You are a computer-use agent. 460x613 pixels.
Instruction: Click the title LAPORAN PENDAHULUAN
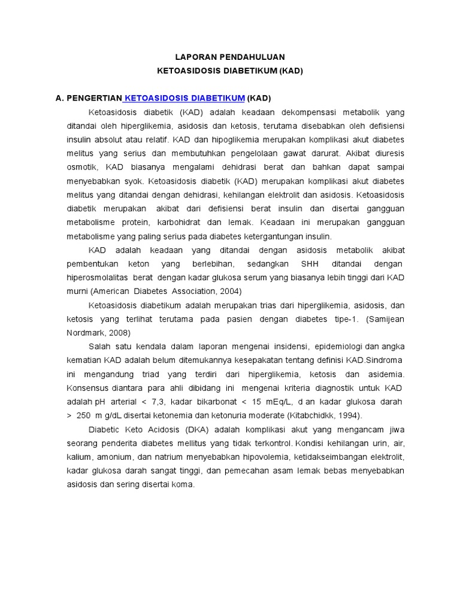click(230, 57)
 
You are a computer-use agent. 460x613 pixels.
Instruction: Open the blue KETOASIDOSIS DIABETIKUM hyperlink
click(184, 98)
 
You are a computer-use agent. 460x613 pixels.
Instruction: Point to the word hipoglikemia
click(220, 139)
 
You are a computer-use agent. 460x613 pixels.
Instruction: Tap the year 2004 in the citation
click(231, 292)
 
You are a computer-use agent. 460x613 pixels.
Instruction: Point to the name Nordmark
click(85, 333)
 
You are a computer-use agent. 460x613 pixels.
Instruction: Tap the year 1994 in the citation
click(350, 415)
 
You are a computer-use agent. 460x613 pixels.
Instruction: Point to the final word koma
click(183, 484)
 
